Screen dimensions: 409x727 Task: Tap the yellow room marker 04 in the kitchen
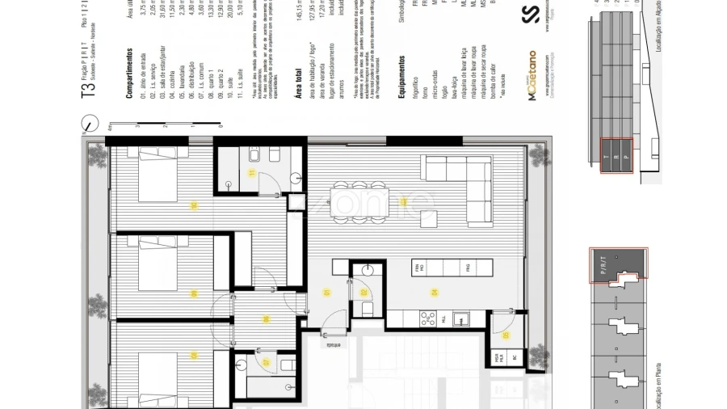pyautogui.click(x=434, y=292)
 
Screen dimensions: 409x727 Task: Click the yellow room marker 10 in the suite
pyautogui.click(x=194, y=205)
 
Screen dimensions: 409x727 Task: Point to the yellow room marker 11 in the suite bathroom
pyautogui.click(x=251, y=172)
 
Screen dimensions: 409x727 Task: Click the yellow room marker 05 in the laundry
pyautogui.click(x=506, y=335)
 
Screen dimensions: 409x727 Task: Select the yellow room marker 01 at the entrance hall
pyautogui.click(x=327, y=292)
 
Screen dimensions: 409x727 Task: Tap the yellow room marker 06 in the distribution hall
pyautogui.click(x=265, y=318)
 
